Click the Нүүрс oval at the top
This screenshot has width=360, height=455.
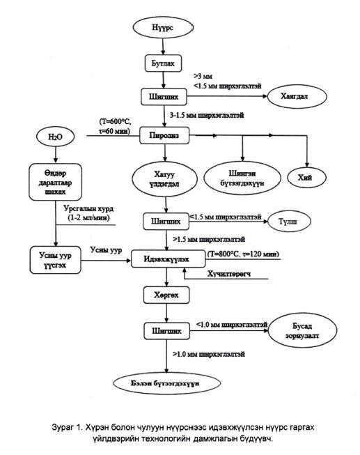[163, 27]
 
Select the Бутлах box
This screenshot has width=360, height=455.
[164, 63]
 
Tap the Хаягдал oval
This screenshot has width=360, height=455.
[297, 97]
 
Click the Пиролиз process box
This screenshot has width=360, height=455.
[164, 135]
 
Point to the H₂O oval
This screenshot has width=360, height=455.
[55, 137]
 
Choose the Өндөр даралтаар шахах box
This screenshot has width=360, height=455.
[56, 182]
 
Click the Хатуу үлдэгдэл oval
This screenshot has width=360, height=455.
[165, 179]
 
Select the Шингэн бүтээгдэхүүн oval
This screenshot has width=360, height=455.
[242, 178]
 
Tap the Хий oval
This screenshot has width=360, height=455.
[306, 177]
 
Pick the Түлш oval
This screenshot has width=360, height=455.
[289, 222]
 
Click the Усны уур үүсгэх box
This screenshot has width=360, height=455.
[56, 260]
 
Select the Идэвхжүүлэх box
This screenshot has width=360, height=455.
[169, 259]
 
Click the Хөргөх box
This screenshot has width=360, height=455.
[166, 295]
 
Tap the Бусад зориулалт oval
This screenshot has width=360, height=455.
[302, 330]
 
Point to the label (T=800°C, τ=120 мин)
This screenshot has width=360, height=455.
[243, 254]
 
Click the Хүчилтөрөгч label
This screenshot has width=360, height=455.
[229, 274]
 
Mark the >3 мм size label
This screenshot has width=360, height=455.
[203, 77]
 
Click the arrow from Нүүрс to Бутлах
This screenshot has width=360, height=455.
[163, 46]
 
